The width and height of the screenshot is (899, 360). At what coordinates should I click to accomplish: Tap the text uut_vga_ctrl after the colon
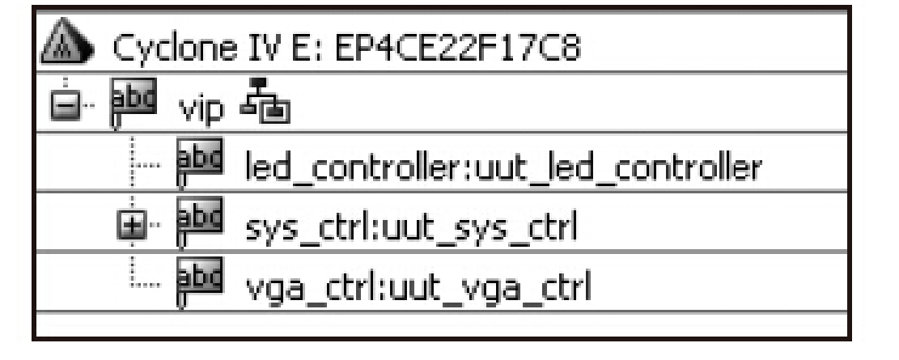509,286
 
